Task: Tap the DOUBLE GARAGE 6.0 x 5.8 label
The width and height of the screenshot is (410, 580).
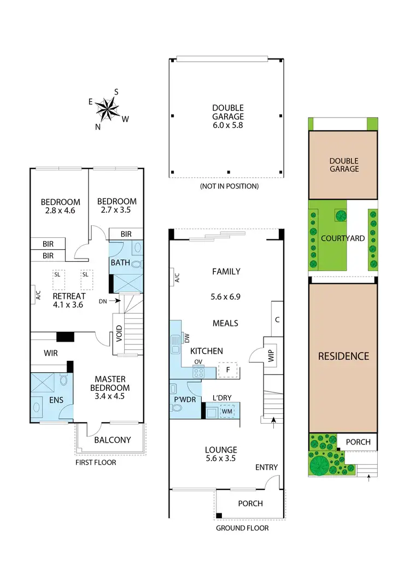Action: coord(228,116)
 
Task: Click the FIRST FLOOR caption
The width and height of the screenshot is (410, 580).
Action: coord(96,462)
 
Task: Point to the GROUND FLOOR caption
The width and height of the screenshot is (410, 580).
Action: coord(242,528)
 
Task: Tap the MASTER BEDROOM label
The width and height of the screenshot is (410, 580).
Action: coord(110,388)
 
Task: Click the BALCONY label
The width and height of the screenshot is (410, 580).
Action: coord(112,440)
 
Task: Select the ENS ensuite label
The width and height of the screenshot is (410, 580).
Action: coord(56,400)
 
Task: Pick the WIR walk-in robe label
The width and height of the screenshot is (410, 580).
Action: coord(51,354)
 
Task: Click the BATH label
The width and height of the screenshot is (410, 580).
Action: coord(120,262)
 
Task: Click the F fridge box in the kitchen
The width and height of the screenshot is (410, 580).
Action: coord(227,370)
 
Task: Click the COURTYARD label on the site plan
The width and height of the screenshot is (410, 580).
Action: coord(343,238)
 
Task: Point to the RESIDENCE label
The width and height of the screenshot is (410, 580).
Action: coord(343,356)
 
